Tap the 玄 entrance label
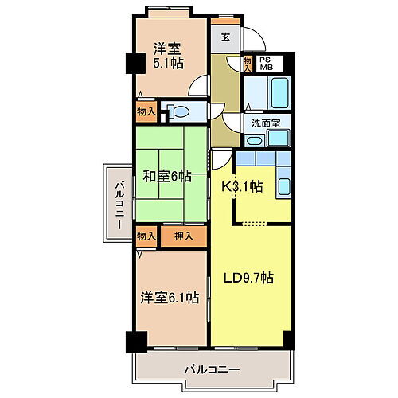(226, 37)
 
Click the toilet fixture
(178, 111)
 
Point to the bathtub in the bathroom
(265, 94)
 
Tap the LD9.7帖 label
(248, 278)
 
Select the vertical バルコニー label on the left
(118, 205)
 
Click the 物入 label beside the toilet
(146, 111)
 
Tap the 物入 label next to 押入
(146, 236)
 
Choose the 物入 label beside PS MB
(247, 64)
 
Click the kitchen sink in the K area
(283, 186)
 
